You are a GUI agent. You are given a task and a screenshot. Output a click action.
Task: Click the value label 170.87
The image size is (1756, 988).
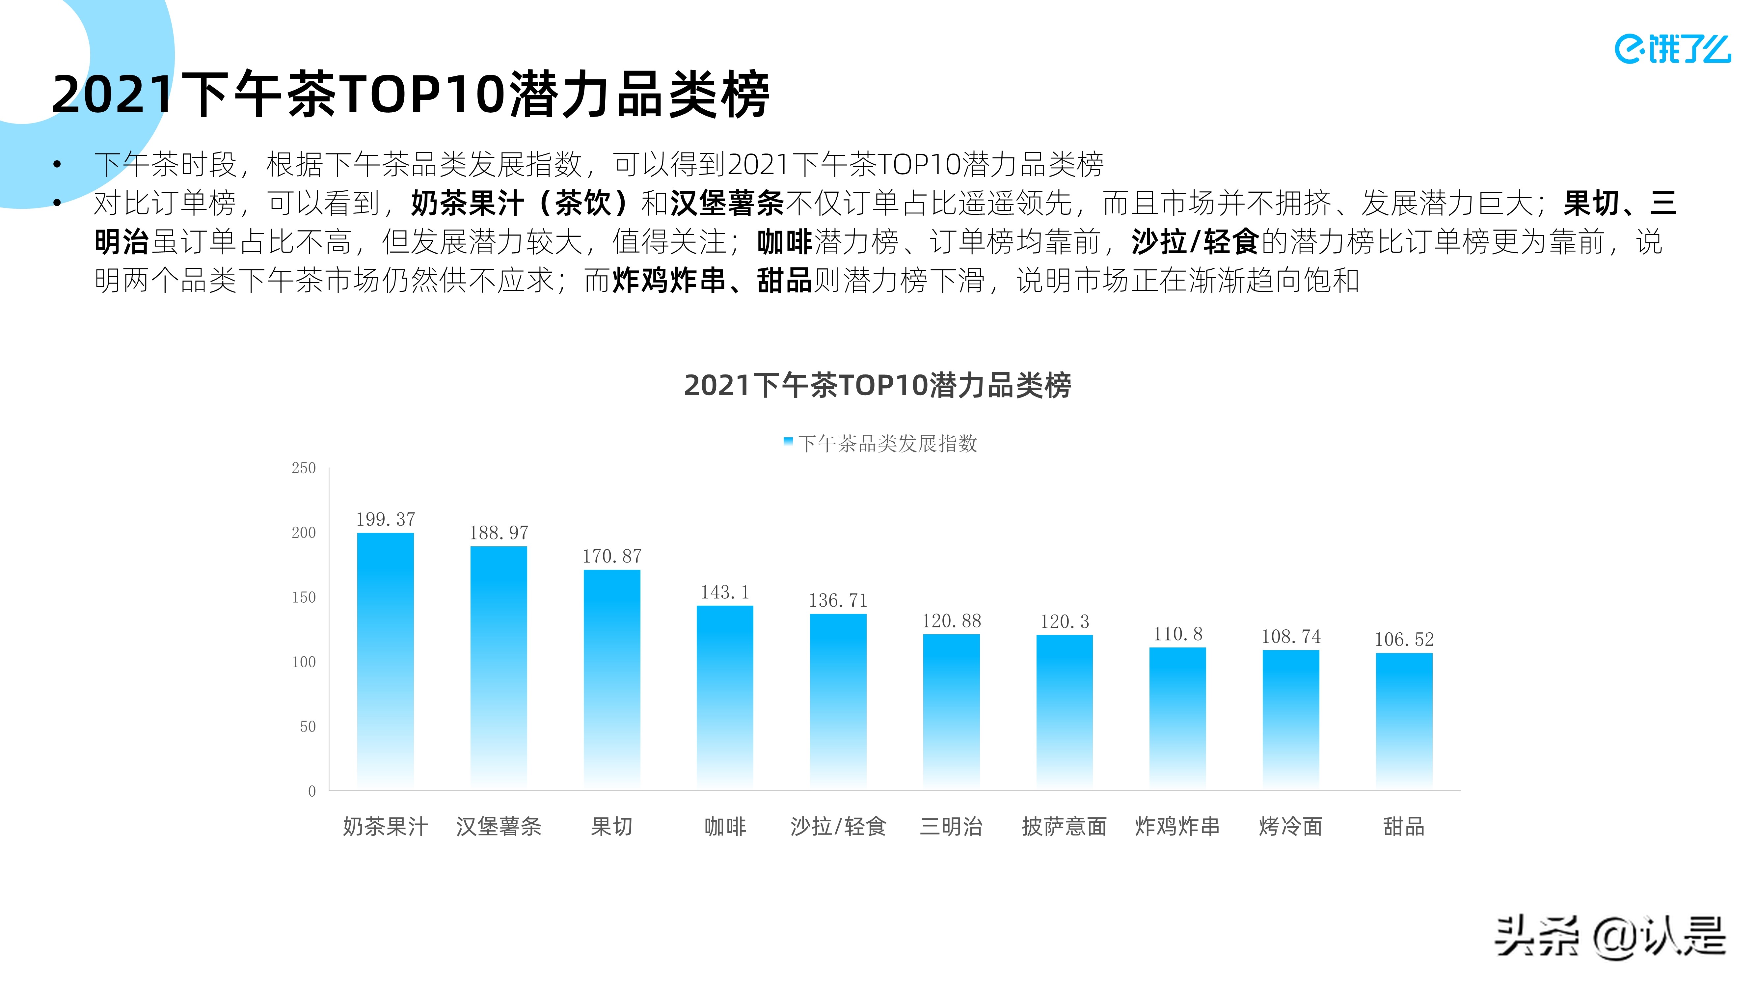click(x=611, y=556)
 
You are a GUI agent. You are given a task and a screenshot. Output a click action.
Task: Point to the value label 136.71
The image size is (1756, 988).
click(x=838, y=601)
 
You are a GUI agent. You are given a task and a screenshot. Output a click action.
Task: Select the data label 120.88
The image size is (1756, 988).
click(x=951, y=621)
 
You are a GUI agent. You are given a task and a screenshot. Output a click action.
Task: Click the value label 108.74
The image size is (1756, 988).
click(x=1290, y=637)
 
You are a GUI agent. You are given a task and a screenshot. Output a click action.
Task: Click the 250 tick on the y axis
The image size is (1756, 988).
click(x=303, y=468)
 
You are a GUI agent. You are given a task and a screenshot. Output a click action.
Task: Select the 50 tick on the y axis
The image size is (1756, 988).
click(x=308, y=727)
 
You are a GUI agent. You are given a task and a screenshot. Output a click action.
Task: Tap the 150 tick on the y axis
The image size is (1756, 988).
click(x=303, y=598)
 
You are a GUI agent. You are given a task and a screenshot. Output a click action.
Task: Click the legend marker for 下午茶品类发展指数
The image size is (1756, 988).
click(x=788, y=442)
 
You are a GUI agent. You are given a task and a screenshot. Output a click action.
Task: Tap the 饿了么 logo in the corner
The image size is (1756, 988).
click(x=1672, y=49)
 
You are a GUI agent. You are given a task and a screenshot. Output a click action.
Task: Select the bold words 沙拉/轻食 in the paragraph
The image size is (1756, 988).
click(x=1194, y=242)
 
